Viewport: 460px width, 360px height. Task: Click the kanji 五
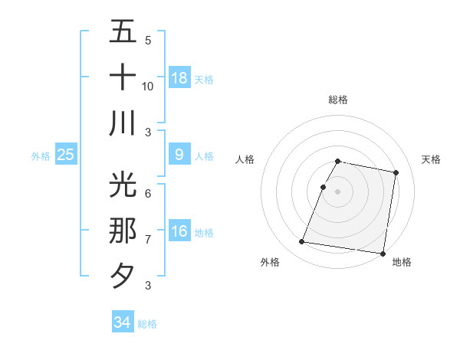[123, 32]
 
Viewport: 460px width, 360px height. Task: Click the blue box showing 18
[179, 77]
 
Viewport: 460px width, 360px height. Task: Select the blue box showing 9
[179, 155]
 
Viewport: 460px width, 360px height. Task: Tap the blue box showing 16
[179, 231]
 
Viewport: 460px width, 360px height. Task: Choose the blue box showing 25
[66, 155]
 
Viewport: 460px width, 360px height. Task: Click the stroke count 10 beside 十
[148, 87]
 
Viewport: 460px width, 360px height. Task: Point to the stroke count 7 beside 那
[148, 240]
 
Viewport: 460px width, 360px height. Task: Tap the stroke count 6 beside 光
[148, 194]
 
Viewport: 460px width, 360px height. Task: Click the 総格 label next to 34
[147, 324]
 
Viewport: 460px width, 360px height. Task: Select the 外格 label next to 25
[41, 156]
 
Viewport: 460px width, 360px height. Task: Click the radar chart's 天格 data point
[396, 173]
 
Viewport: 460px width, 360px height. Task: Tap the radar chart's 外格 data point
[301, 242]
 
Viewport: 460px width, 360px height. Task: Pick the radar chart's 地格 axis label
[402, 263]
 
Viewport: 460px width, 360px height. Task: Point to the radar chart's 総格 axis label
[338, 100]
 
